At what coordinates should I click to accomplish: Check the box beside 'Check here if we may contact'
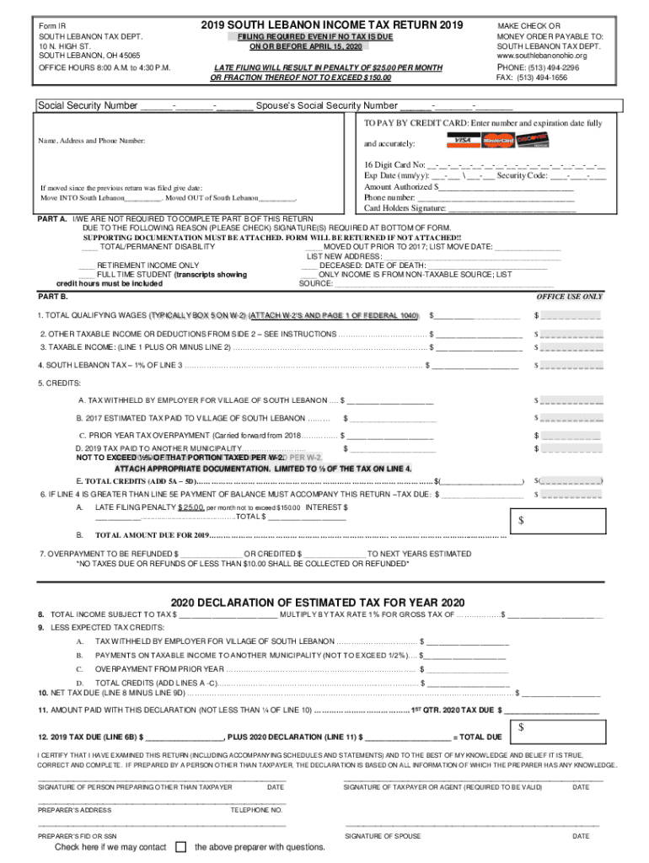pyautogui.click(x=180, y=847)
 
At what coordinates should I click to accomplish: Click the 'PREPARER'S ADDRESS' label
pyautogui.click(x=75, y=809)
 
